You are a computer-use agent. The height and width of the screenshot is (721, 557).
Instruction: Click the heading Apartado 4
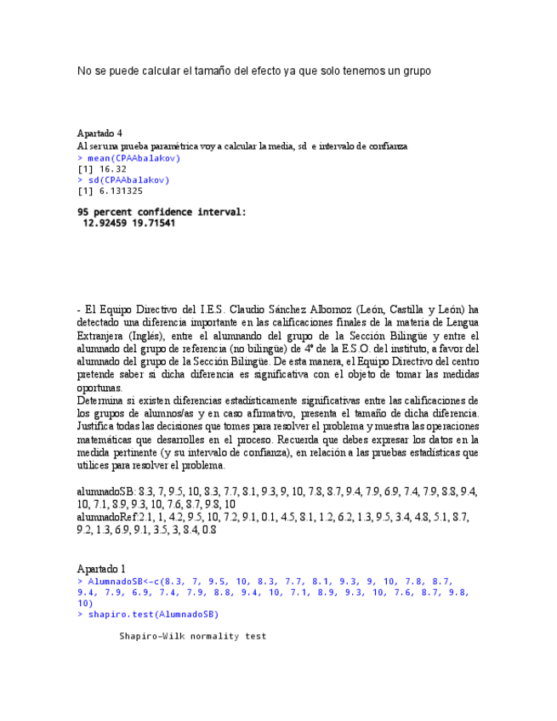(x=99, y=133)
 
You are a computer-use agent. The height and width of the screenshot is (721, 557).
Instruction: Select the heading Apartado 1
(x=101, y=568)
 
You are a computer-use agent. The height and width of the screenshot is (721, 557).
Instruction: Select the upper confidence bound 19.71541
(x=154, y=224)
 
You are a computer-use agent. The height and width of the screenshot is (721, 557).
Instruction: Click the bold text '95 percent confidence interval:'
(x=162, y=212)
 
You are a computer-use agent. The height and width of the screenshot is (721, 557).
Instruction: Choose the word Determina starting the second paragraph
(x=99, y=400)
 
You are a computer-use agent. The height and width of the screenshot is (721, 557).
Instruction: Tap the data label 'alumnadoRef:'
(x=108, y=517)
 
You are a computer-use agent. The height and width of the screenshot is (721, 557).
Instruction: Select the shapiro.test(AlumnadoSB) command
(x=153, y=614)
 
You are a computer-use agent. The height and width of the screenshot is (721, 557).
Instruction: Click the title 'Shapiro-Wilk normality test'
(x=192, y=636)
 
